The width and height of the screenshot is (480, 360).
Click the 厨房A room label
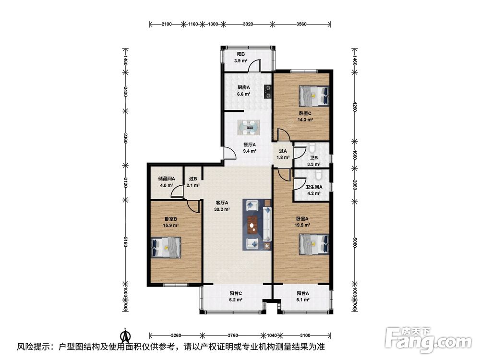(x=244, y=87)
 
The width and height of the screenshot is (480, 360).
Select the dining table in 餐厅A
(x=249, y=128)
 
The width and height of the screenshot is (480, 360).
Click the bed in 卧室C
(x=314, y=96)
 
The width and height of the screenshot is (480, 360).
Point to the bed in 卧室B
(x=166, y=247)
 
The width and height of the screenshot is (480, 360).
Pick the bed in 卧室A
(x=314, y=244)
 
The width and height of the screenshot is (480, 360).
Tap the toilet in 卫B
(x=312, y=148)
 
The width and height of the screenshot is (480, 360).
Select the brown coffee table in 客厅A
(x=252, y=224)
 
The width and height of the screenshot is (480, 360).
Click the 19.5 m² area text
(x=302, y=225)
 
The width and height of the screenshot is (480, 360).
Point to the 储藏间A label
(x=167, y=179)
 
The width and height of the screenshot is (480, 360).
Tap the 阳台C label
(x=236, y=293)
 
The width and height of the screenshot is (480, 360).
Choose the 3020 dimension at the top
(x=248, y=24)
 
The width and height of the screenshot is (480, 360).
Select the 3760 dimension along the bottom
(x=233, y=335)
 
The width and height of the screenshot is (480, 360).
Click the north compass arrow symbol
(x=125, y=336)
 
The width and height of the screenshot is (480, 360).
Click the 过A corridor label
(x=283, y=151)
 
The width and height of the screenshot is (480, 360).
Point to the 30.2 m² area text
(x=222, y=210)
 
